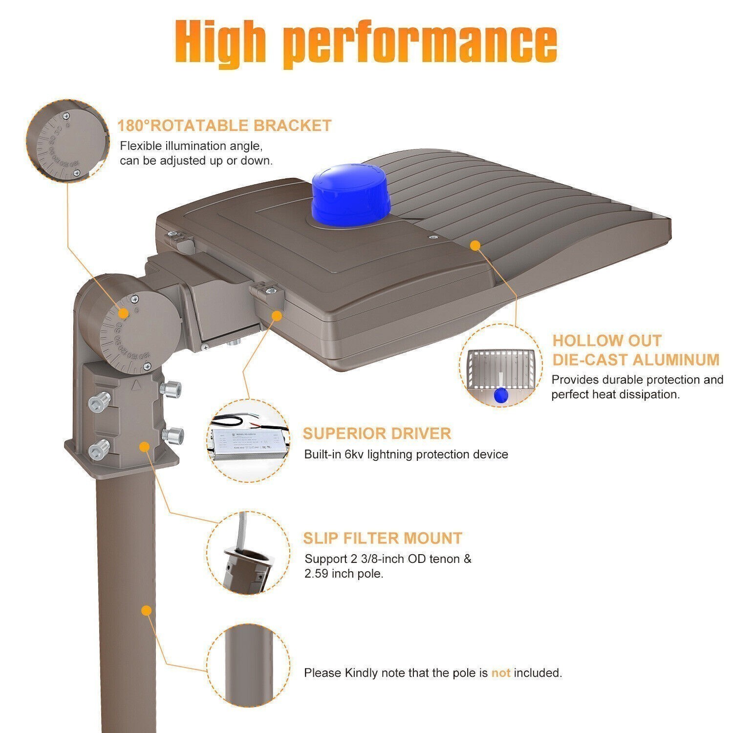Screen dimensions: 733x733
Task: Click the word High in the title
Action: pos(220,41)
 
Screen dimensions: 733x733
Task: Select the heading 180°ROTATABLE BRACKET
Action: pos(224,126)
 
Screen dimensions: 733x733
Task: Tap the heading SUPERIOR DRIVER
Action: pos(377,433)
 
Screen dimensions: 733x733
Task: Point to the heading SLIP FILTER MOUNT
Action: pos(382,538)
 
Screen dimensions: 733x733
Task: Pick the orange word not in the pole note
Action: pos(500,673)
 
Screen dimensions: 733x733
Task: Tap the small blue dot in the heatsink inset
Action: pos(501,395)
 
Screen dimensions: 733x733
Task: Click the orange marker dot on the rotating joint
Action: pos(124,313)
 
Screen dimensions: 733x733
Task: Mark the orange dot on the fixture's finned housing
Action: pos(474,245)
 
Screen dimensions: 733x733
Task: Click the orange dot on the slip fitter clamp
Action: pos(144,446)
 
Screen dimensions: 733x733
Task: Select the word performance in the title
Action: pos(420,41)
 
